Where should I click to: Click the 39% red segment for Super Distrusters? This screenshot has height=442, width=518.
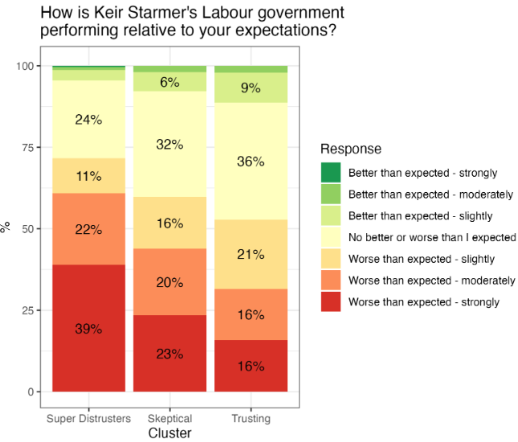(88, 328)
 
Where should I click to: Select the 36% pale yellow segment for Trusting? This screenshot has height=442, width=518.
(251, 161)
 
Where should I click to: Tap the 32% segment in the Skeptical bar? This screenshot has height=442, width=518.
(169, 144)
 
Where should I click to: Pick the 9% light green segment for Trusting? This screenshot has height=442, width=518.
(251, 88)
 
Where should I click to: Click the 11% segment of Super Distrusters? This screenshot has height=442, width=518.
(88, 176)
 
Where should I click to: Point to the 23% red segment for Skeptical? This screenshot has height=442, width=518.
(169, 354)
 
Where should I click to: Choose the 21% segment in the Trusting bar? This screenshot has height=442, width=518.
(251, 254)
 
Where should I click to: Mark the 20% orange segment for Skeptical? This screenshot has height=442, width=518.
(169, 282)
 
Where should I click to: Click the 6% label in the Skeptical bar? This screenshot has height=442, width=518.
(169, 82)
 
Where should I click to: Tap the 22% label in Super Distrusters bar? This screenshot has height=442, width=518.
(88, 229)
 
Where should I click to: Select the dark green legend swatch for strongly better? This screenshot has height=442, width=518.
(331, 173)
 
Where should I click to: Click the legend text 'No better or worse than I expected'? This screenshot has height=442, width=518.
(432, 237)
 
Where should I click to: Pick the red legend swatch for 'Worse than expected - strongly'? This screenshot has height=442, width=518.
(331, 301)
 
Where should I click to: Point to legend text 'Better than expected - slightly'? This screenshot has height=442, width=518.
(421, 216)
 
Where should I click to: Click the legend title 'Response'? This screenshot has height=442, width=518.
(351, 149)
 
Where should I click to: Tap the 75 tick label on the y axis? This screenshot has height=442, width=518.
(28, 147)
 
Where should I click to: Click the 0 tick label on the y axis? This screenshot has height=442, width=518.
(31, 392)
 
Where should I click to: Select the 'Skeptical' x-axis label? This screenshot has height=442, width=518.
(169, 419)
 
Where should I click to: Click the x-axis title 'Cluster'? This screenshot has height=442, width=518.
(169, 432)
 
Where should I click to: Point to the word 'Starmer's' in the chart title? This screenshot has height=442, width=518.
(162, 13)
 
